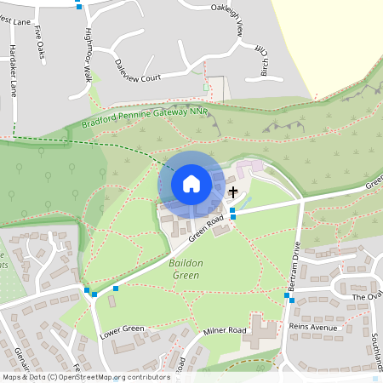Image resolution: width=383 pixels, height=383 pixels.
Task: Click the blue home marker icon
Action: [191, 183]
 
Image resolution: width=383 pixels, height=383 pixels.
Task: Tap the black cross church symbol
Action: [232, 193]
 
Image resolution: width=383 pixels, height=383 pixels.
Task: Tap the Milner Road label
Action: [225, 329]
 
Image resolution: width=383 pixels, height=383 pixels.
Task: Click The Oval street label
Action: [367, 296]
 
